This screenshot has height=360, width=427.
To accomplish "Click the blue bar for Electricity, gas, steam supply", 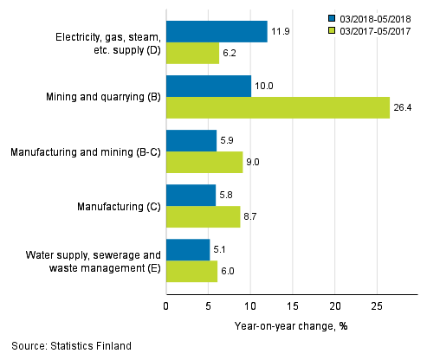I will coord(217,32).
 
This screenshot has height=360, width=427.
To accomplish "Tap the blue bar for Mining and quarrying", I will coord(208,86).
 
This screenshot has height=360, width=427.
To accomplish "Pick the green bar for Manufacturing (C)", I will coord(203,216).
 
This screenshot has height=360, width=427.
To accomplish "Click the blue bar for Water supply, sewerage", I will coord(187,249).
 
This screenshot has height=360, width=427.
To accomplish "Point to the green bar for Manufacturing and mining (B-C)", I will coord(204,162).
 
